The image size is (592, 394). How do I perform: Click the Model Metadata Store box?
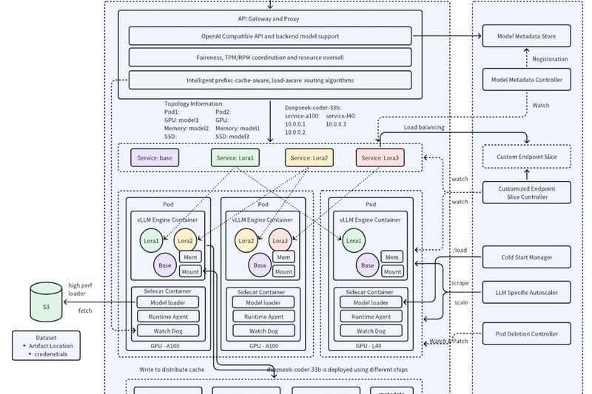coord(527,35)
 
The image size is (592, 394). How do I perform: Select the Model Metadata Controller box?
coord(527,80)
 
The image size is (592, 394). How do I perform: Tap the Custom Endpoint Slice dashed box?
coord(527,156)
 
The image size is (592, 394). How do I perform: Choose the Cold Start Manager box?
coord(527,257)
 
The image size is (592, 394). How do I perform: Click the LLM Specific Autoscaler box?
coord(527,292)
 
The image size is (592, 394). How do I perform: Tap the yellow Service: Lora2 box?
coord(309,158)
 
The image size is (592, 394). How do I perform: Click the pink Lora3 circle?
coord(280,240)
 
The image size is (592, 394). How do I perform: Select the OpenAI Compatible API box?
coord(270,35)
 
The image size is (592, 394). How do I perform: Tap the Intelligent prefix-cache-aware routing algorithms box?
coord(270,80)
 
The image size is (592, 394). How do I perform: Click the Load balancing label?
coord(424,128)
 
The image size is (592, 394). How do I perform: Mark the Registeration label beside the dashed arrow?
coord(551,58)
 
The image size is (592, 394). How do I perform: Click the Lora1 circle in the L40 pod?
coord(354,240)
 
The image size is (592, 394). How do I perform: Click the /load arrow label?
coord(460,251)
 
